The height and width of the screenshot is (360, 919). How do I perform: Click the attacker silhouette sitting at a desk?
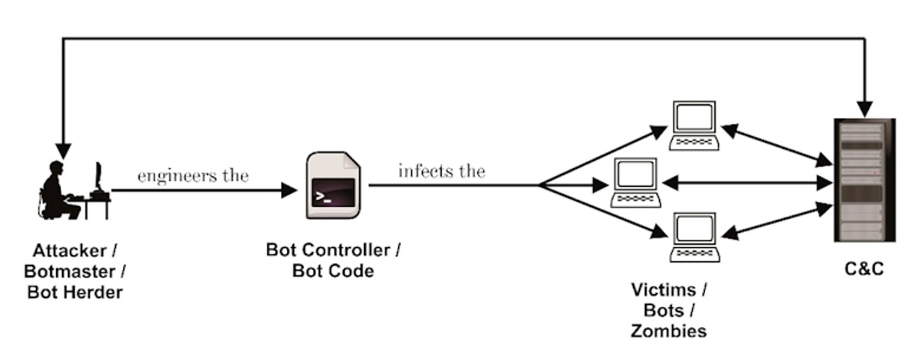[x=73, y=189]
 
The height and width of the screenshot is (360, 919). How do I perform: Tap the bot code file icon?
[x=333, y=186]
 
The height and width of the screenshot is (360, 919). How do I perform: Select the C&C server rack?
[x=864, y=180]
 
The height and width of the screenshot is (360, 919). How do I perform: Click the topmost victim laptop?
[x=693, y=125]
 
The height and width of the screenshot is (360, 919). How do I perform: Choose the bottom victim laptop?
[x=694, y=237]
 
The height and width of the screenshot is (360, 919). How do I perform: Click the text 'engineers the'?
[x=193, y=175]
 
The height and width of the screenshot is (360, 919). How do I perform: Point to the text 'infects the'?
[x=441, y=171]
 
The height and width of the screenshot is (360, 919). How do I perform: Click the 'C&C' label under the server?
[x=864, y=269]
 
